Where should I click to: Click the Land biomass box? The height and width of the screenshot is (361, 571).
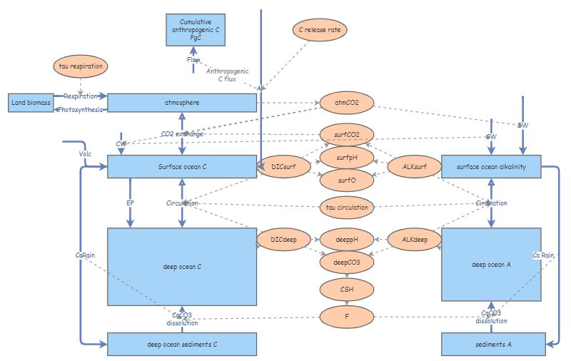[x=31, y=103]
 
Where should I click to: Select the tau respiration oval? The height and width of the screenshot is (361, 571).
[x=80, y=66]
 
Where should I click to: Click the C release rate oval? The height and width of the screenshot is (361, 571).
[x=318, y=29]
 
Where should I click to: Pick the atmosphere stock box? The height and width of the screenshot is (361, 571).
[x=181, y=103]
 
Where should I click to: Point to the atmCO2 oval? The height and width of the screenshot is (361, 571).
[x=346, y=103]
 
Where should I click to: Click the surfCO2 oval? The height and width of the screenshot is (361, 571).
[x=346, y=133]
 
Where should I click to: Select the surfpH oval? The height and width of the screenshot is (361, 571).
[x=346, y=157]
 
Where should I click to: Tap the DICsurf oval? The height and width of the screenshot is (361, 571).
[x=283, y=167]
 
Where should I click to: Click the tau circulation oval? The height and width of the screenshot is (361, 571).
[x=346, y=208]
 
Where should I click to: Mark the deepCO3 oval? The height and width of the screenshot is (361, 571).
[x=346, y=262]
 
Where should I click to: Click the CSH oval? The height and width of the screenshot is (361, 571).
[x=346, y=288]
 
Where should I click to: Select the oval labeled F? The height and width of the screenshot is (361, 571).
[x=346, y=315]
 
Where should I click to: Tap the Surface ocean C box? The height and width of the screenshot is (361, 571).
[x=181, y=167]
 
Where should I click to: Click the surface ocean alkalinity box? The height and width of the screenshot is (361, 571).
[x=490, y=167]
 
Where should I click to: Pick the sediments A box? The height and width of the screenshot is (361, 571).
[x=490, y=344]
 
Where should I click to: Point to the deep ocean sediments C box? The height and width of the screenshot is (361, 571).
[x=181, y=344]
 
